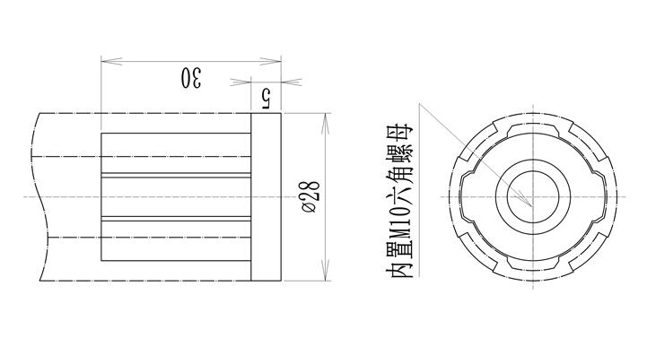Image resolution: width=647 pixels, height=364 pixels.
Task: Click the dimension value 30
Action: point(191,77)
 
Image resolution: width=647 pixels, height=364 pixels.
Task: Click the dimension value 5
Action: point(265,98)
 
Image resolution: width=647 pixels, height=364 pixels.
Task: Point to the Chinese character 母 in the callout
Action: point(399,133)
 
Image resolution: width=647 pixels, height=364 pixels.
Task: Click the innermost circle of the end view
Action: point(533,171)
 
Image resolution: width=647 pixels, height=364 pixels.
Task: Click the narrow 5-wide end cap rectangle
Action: point(267,196)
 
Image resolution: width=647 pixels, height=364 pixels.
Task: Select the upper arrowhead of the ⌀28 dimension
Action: point(326,124)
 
